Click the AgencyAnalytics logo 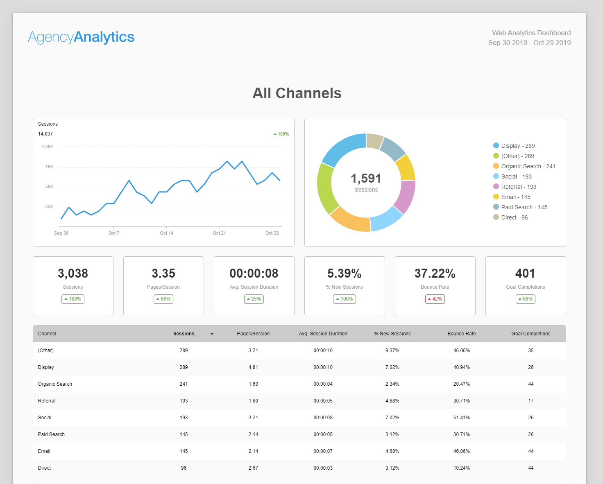[81, 37]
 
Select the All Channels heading [297, 93]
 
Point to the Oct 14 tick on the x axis [166, 233]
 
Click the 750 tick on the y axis [49, 167]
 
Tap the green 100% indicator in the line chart [281, 134]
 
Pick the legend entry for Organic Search [524, 166]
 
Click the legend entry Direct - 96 [510, 217]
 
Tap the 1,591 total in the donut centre [366, 179]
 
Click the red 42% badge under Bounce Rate [435, 299]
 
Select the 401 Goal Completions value [526, 274]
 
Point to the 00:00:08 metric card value [254, 274]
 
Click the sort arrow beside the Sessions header [212, 334]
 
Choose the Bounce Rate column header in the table [462, 334]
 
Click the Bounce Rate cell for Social [462, 418]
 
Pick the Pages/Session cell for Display [253, 367]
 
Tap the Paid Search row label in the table [51, 434]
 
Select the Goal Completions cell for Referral [531, 401]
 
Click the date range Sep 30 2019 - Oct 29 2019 [529, 43]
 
